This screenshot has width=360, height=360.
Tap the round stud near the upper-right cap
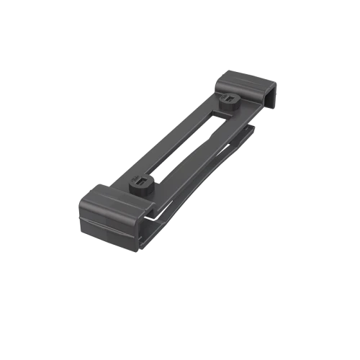coord(230,102)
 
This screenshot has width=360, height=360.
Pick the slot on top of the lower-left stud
coord(143,180)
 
